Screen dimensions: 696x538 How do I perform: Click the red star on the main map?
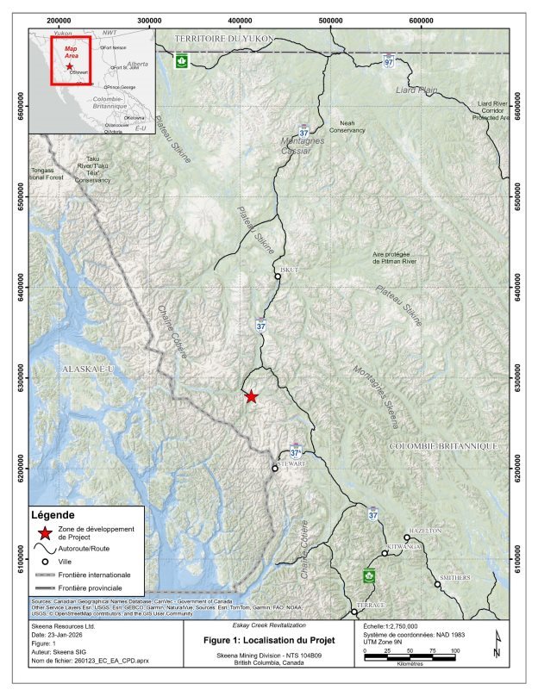[x=250, y=396]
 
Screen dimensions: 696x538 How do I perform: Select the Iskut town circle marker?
[x=278, y=277]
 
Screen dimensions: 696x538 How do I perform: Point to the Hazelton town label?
[x=424, y=531]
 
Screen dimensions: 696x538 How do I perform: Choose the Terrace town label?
[x=369, y=606]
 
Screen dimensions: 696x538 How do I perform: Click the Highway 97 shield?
[x=390, y=62]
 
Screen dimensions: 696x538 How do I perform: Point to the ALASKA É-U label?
[x=89, y=369]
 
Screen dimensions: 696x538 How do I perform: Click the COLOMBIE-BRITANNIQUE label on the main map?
[x=444, y=446]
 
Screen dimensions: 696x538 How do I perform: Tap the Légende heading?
[x=53, y=514]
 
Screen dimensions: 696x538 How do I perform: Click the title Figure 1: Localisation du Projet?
[x=269, y=642]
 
